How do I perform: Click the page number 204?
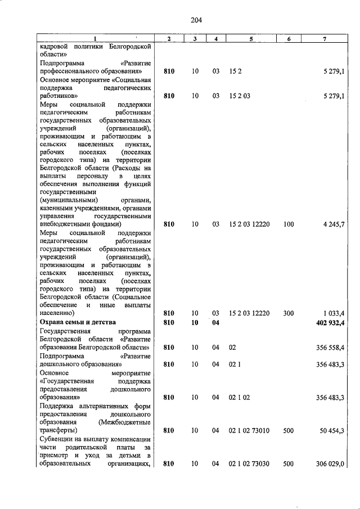point(196,20)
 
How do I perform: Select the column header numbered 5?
point(251,38)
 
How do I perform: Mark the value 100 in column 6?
point(289,224)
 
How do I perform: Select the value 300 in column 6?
point(289,313)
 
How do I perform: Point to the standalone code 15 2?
point(235,72)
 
